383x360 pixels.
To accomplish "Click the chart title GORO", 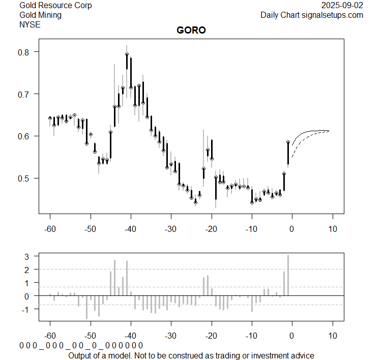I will [191, 31].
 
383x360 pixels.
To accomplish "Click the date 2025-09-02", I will [343, 6].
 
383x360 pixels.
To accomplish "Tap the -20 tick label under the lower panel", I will [211, 336].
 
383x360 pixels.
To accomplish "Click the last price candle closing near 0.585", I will [288, 153].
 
